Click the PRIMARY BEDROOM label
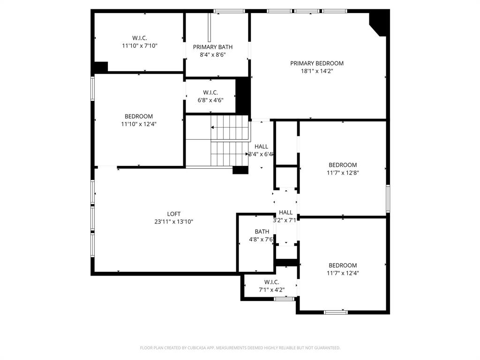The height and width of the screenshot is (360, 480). point(317,63)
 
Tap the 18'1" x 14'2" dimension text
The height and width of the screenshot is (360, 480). point(317,71)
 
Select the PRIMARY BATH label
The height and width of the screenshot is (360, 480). point(213,47)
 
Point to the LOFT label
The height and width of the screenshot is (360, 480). point(174,214)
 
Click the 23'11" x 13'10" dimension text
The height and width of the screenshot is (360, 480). point(174,222)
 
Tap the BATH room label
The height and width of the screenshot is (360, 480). point(262,232)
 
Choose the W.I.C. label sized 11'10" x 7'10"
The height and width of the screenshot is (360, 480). point(140,38)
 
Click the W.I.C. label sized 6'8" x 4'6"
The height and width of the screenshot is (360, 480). point(210,92)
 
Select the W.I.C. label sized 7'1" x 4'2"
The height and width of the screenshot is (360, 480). point(272,282)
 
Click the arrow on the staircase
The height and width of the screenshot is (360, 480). point(214,127)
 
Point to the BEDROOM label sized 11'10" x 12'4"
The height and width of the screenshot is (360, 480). point(139,116)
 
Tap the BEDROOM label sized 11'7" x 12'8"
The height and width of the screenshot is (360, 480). point(343,165)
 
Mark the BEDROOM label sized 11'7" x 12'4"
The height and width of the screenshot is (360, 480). point(343,265)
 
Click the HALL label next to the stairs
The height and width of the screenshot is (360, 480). point(261,146)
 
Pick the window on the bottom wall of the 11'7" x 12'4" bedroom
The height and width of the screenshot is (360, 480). point(336,312)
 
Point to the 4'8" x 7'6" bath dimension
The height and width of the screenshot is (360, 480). point(262,240)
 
